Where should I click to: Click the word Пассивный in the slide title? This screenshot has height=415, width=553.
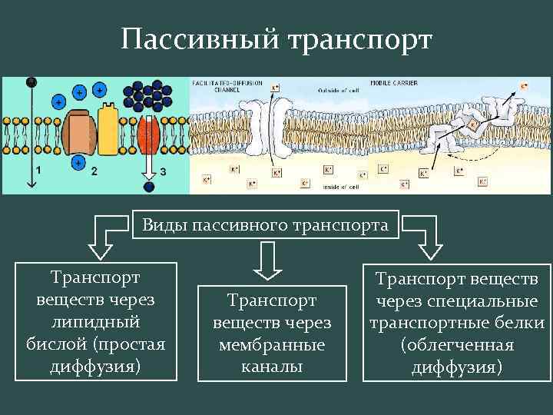click(198, 39)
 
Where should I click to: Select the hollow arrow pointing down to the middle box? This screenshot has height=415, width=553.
click(267, 259)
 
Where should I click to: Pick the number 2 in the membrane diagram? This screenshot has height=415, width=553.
click(94, 171)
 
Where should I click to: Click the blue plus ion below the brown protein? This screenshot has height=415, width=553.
click(78, 162)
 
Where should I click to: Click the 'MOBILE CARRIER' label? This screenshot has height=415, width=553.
click(389, 81)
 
